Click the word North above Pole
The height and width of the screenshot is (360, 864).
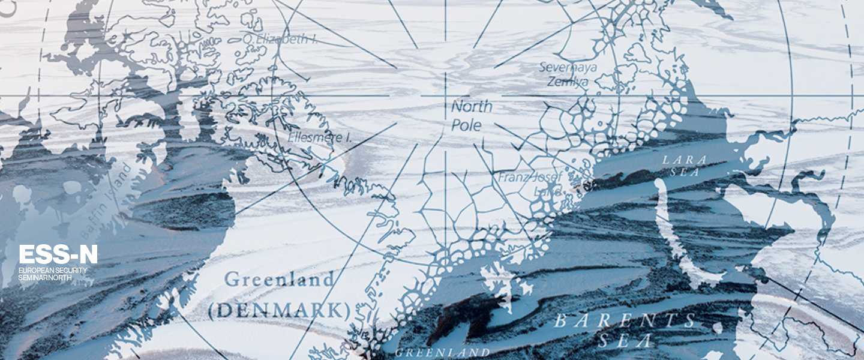472,107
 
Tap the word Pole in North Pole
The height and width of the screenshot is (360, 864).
467,125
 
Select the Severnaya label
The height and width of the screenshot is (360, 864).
568,67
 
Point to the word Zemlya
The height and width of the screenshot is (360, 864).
567,82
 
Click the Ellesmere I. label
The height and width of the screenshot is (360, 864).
319,137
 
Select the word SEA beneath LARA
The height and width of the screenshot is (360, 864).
690,172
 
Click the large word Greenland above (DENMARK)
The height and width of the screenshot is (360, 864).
279,280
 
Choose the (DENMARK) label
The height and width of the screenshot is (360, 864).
279,310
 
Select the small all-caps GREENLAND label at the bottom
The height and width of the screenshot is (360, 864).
442,352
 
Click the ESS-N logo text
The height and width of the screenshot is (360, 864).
58,254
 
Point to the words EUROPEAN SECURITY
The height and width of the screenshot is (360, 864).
53,271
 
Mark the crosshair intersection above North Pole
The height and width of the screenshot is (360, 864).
445,95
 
